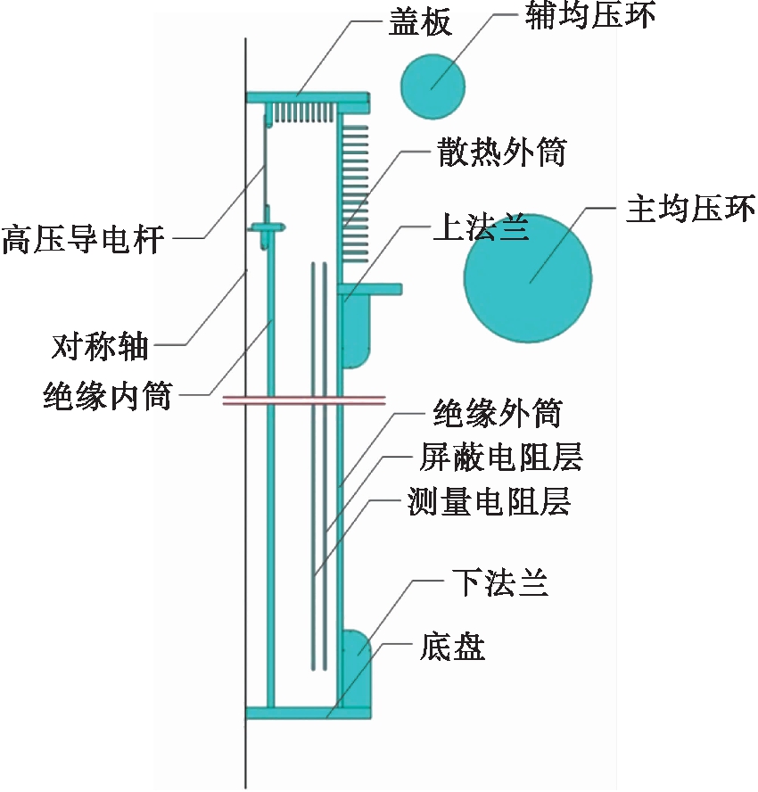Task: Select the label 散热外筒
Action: pos(501,153)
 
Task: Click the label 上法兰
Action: pos(481,229)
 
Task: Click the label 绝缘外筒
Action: pos(497,413)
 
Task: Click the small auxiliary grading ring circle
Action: pos(433,86)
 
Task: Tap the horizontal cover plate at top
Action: pos(308,95)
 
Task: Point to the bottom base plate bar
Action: pos(308,712)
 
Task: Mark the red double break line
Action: pos(303,400)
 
